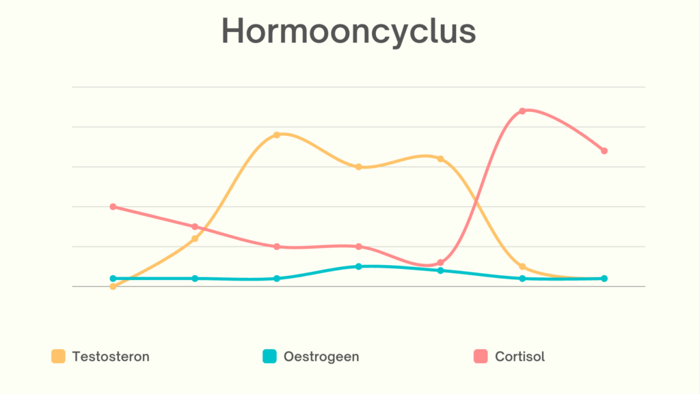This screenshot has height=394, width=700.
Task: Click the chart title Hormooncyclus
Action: tap(349, 31)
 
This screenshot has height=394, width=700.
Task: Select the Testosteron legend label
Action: tap(110, 356)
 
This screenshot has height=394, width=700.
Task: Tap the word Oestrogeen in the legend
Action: tap(321, 356)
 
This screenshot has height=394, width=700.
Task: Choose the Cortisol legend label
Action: tap(520, 356)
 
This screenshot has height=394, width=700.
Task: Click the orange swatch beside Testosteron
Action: tap(59, 356)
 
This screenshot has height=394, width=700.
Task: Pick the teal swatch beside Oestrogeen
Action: tap(270, 356)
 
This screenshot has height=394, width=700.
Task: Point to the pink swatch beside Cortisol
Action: tap(481, 356)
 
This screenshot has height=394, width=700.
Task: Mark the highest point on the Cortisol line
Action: tap(522, 111)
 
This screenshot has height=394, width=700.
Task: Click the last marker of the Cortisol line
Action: tap(604, 151)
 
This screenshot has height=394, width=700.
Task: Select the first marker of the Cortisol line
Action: tap(113, 207)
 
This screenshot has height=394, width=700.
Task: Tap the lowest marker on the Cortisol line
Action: tap(441, 262)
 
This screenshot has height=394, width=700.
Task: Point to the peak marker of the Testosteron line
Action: tap(277, 135)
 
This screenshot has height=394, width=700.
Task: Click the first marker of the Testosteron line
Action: tap(113, 286)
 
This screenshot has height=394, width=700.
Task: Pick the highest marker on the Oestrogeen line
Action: tap(359, 266)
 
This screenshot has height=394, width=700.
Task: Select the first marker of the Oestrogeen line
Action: tap(113, 279)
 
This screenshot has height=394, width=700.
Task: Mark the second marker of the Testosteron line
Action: tap(195, 238)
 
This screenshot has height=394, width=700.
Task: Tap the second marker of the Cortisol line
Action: tap(195, 227)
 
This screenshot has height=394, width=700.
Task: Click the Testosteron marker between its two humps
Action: tap(359, 167)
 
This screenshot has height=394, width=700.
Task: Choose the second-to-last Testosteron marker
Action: tap(522, 267)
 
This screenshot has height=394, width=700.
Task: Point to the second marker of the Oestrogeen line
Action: tap(195, 279)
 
